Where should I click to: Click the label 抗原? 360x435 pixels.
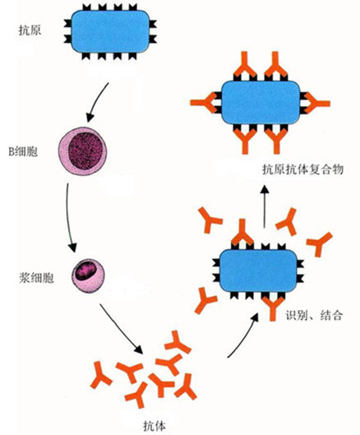coord(30,30)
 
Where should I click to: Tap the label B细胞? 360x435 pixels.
coord(23,151)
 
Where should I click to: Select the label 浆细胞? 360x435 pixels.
coord(36,277)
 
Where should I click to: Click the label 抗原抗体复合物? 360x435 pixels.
coord(303,169)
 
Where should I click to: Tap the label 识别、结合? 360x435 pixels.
coord(314,315)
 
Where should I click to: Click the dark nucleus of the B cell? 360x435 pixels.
coord(85,150)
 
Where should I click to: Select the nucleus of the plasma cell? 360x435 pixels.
coord(85,271)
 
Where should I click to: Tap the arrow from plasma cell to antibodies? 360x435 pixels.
coord(121,328)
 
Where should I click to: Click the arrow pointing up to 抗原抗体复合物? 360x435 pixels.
coord(265,206)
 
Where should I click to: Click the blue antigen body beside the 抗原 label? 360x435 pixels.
coord(110,31)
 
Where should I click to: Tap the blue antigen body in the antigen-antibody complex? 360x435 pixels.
coord(261,102)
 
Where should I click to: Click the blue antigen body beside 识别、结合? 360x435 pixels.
coord(258,271)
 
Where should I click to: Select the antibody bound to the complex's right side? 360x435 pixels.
coord(317,104)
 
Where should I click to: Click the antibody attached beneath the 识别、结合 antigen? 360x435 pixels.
coord(273,308)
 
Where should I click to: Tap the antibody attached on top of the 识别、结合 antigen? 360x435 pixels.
coord(242,233)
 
